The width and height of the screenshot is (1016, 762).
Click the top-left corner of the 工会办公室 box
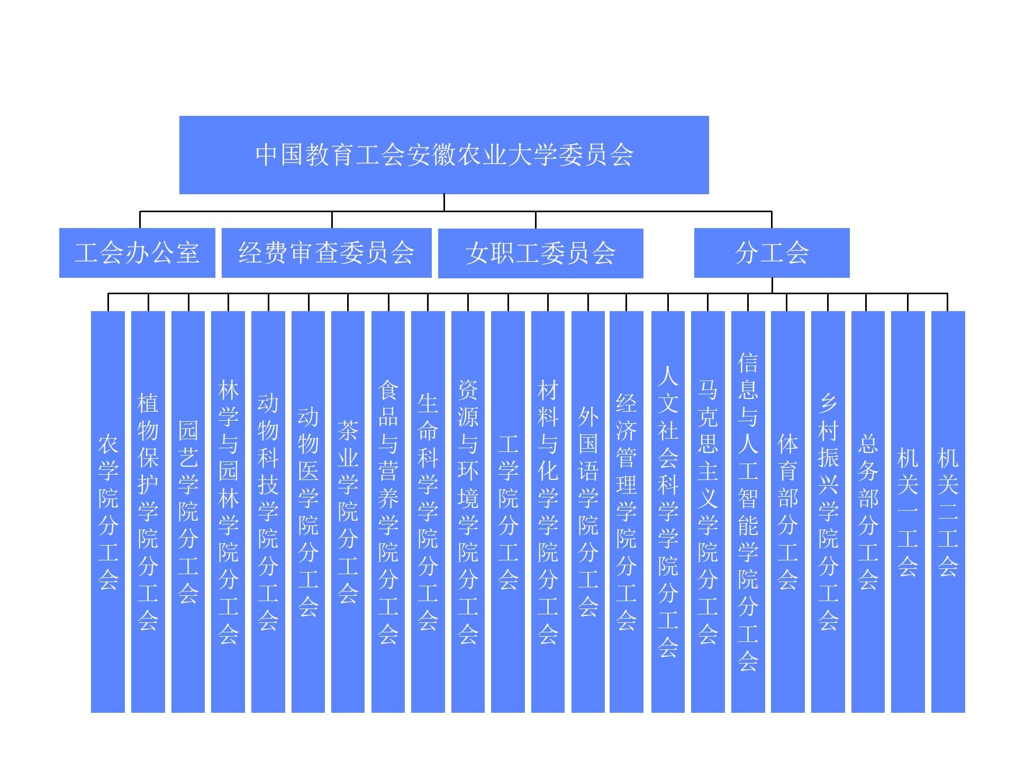click(x=59, y=228)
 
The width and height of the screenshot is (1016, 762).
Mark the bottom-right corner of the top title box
click(x=709, y=194)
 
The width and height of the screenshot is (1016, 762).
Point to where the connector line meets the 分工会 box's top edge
click(x=772, y=228)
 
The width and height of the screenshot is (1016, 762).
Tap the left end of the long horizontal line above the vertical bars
click(x=108, y=293)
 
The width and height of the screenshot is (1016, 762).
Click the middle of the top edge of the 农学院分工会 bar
click(x=108, y=311)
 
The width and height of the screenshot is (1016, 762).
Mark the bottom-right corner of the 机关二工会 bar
click(x=965, y=713)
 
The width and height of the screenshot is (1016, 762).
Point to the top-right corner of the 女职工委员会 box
click(x=643, y=229)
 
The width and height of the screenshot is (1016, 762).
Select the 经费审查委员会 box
click(x=326, y=253)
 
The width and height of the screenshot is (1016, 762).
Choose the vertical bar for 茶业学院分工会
click(x=348, y=512)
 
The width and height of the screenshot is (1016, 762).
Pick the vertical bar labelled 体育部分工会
click(x=788, y=512)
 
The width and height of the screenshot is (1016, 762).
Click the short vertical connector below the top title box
click(x=444, y=203)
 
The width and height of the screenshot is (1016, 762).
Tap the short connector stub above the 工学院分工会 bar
click(x=508, y=302)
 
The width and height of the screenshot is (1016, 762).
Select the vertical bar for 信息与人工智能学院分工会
click(x=748, y=512)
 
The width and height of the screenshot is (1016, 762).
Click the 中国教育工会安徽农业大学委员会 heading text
click(x=444, y=155)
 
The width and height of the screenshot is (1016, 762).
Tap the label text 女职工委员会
click(x=540, y=253)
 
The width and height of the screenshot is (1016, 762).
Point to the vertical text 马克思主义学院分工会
click(x=708, y=512)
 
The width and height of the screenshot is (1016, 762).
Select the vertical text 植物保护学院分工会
click(x=148, y=512)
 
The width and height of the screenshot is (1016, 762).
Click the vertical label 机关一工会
click(x=908, y=512)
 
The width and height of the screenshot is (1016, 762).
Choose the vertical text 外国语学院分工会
click(x=588, y=512)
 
